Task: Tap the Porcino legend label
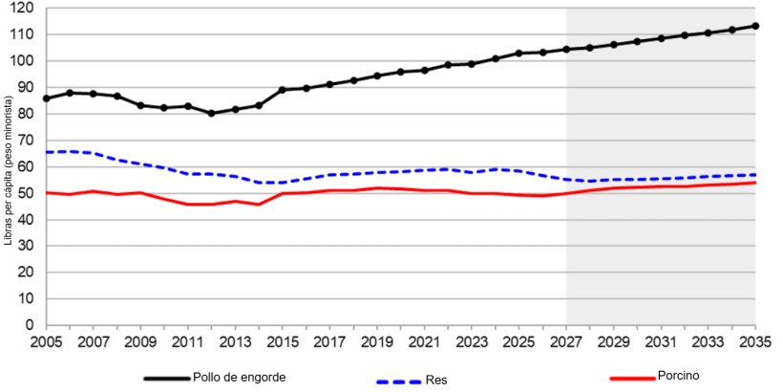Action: [679, 376]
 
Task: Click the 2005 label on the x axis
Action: [46, 341]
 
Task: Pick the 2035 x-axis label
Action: [755, 341]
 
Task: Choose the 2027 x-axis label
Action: [566, 341]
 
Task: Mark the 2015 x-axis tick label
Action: [283, 341]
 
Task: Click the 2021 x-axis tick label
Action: [424, 341]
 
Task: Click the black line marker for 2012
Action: [211, 113]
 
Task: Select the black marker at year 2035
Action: [755, 26]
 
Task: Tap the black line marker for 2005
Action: [46, 98]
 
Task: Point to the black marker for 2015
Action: [283, 90]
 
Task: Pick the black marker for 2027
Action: [566, 49]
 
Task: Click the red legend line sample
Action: [631, 377]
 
